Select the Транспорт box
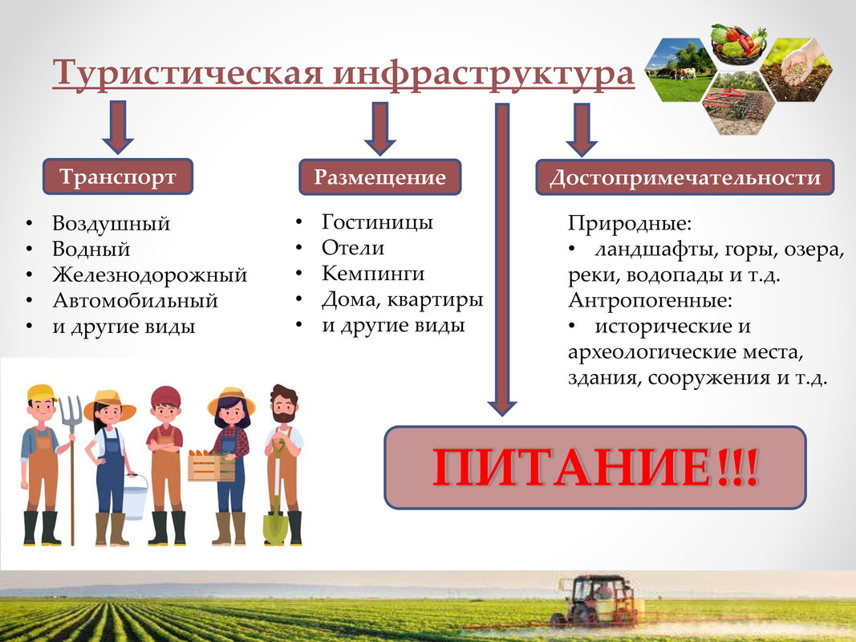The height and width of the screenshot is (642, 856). [x=118, y=177]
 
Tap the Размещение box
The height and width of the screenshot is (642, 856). [x=380, y=177]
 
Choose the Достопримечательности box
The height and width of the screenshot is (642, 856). [x=685, y=177]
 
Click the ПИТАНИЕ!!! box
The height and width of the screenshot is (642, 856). [x=595, y=467]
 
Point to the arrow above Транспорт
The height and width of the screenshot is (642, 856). [x=118, y=128]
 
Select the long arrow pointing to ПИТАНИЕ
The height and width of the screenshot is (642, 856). [x=502, y=260]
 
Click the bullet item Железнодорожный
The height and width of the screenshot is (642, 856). [x=149, y=274]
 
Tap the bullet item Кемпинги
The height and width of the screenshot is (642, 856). [x=373, y=273]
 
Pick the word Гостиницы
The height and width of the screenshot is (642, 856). [x=377, y=221]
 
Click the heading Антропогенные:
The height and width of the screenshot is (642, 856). [x=650, y=300]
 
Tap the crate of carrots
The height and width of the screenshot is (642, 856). [x=211, y=466]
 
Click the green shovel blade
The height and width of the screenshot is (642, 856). [x=274, y=526]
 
